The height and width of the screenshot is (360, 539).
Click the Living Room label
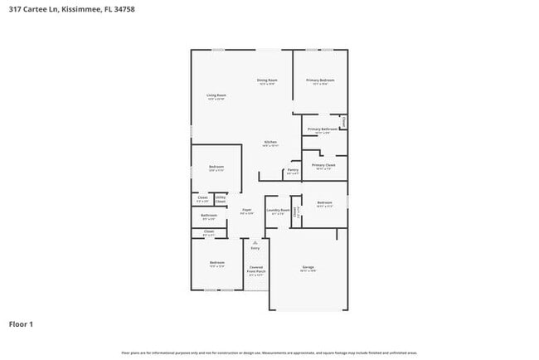[216, 95]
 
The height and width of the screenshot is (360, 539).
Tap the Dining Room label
[267, 80]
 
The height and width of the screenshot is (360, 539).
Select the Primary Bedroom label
[320, 80]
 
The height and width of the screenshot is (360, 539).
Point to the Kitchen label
[270, 143]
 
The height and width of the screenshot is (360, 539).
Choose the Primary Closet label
[323, 165]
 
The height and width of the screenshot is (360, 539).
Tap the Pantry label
[293, 171]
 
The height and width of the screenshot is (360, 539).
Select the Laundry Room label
[278, 211]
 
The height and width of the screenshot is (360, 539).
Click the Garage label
[308, 267]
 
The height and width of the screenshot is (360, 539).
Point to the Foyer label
[247, 211]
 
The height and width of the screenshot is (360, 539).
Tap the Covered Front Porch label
[256, 269]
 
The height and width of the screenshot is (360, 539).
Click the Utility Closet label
[221, 199]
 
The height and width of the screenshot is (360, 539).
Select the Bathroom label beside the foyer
[209, 216]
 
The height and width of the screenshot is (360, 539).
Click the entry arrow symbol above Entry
[255, 241]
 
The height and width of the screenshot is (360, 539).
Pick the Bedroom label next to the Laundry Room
[324, 202]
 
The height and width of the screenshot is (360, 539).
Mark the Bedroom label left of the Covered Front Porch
[217, 263]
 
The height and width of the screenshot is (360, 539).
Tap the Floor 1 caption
[21, 324]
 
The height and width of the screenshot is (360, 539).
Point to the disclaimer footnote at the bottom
[269, 353]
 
